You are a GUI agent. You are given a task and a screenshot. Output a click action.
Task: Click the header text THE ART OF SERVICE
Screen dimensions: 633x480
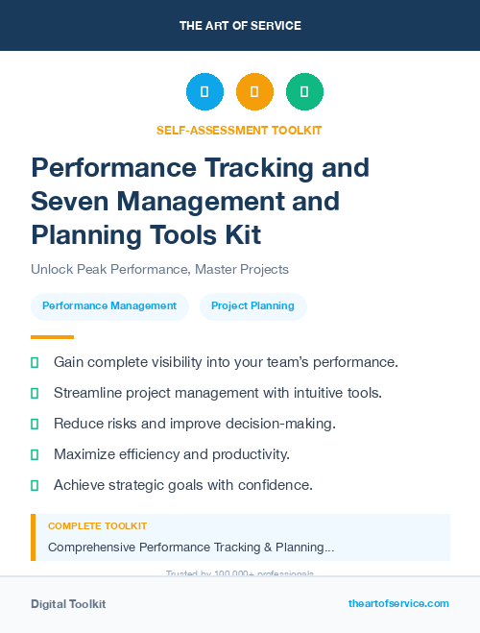(240, 26)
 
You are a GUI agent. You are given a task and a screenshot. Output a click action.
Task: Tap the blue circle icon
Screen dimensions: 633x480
(204, 92)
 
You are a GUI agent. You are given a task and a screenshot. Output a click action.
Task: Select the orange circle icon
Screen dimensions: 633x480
(254, 92)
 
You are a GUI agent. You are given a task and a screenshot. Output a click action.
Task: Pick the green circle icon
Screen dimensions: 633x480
(304, 92)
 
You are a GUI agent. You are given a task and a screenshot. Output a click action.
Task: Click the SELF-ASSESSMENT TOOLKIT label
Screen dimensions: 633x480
(240, 130)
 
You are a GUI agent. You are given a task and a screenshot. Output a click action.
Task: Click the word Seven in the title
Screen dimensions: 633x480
(68, 201)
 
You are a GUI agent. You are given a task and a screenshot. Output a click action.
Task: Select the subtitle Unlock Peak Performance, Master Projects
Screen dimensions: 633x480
(159, 270)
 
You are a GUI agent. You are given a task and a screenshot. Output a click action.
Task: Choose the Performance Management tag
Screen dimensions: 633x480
(109, 306)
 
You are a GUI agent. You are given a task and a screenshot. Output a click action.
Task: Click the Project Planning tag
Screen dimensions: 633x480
(252, 306)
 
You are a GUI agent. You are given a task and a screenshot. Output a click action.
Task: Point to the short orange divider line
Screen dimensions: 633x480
(52, 337)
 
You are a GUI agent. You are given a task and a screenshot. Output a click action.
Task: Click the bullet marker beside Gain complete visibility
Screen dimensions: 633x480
(35, 362)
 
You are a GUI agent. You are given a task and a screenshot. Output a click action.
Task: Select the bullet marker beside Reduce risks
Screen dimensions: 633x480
(35, 424)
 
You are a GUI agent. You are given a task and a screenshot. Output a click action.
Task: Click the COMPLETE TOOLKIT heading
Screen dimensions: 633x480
(97, 526)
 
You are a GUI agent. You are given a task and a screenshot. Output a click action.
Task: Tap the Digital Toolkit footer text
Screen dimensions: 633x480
(68, 604)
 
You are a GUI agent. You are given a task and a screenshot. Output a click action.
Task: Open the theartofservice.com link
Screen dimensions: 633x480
(398, 603)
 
